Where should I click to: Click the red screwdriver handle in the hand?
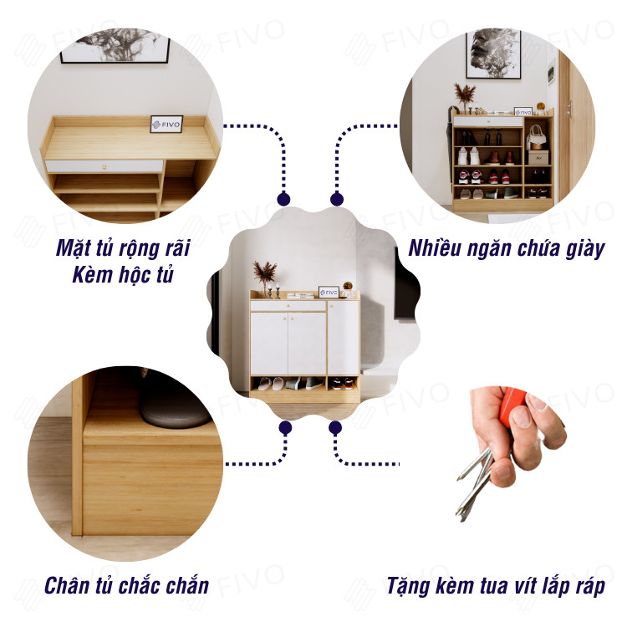(x=515, y=403)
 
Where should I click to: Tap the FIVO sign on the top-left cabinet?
(x=166, y=124)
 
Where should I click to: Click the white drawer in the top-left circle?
(x=104, y=166)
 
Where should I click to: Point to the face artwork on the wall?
(x=494, y=54)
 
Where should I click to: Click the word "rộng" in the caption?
(x=140, y=248)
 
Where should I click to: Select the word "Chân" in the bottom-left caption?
(x=67, y=586)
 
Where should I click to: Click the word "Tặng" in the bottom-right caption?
(x=408, y=587)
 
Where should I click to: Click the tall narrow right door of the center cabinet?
(x=343, y=338)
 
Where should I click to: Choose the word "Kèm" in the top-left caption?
(x=90, y=275)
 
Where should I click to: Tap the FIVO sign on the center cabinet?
(x=329, y=293)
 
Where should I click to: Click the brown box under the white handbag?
(x=538, y=157)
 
